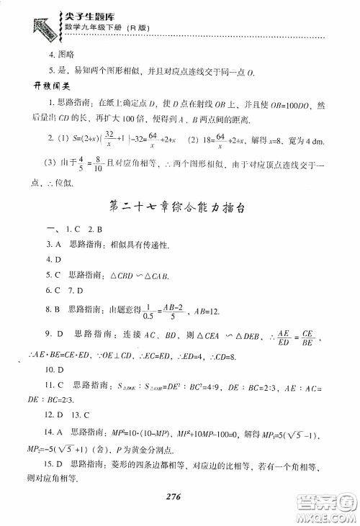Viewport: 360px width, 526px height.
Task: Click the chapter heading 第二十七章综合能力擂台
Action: click(x=179, y=208)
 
